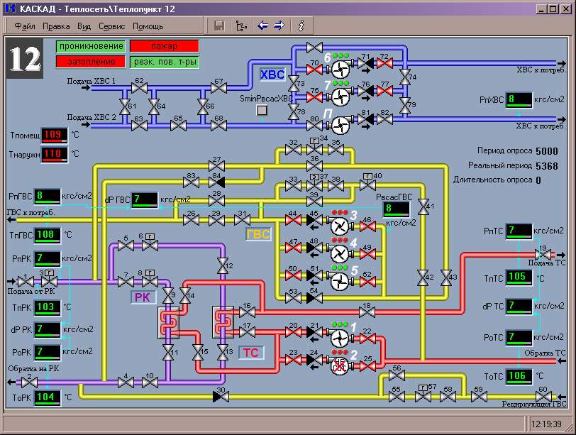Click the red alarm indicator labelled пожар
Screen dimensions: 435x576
click(164, 46)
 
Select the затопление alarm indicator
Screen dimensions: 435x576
click(91, 62)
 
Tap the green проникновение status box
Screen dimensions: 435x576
click(91, 46)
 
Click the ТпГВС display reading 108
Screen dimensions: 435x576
click(48, 234)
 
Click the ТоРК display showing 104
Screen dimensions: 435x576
click(48, 397)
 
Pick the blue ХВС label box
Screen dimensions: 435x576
click(272, 75)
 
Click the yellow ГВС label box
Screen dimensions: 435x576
click(258, 235)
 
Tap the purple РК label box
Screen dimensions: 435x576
click(143, 297)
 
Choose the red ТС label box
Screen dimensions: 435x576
click(251, 353)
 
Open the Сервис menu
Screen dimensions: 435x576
click(111, 26)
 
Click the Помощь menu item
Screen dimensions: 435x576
click(148, 26)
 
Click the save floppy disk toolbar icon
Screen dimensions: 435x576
click(219, 26)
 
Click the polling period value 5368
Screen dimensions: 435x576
click(546, 166)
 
